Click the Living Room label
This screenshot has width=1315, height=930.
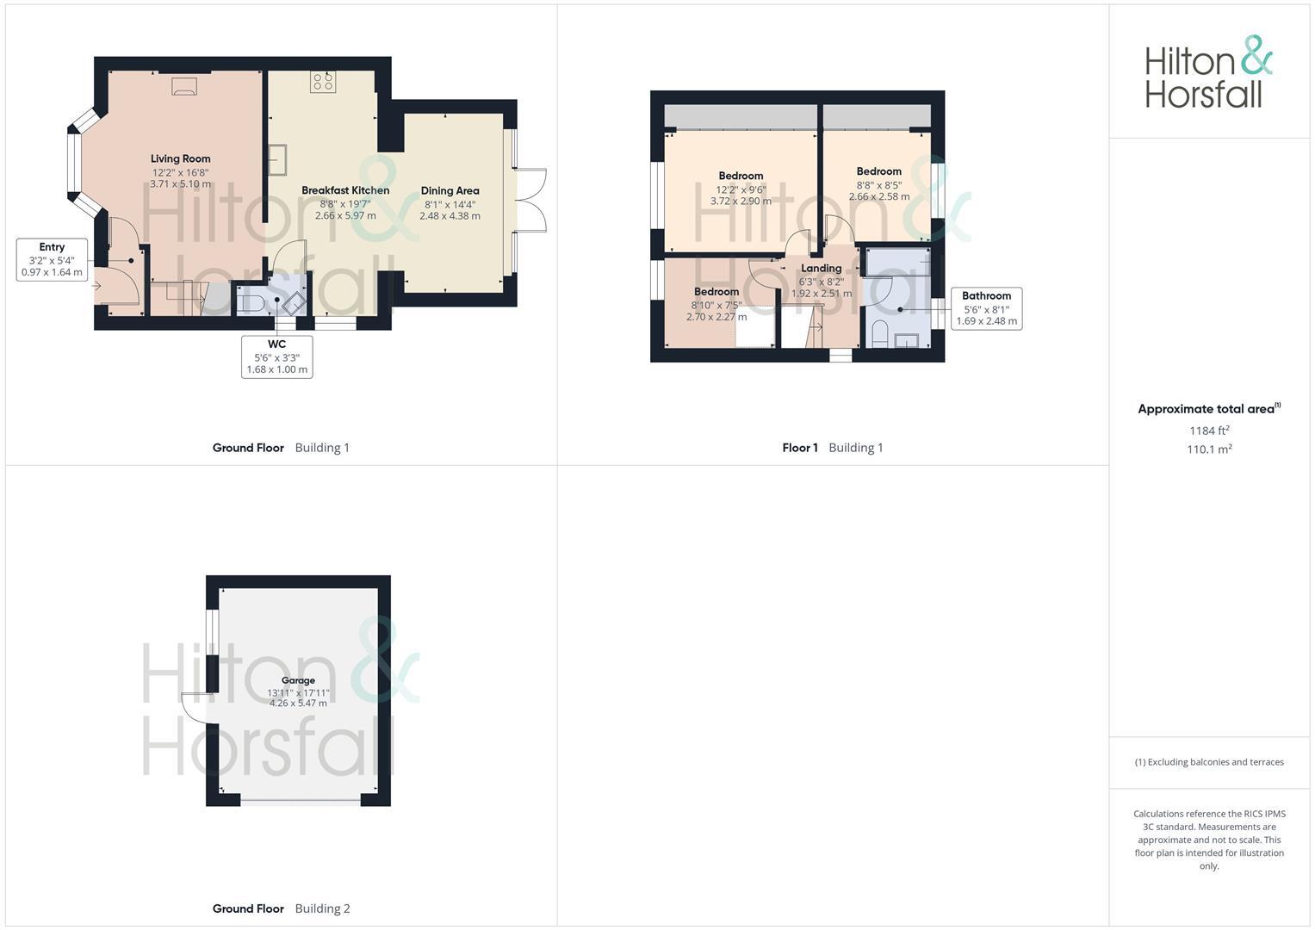pos(180,158)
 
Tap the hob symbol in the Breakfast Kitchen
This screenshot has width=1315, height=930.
pos(323,82)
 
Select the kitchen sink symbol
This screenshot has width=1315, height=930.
pos(278,159)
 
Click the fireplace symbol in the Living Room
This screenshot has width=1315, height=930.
pos(184,85)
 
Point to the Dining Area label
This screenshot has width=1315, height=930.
pos(450,191)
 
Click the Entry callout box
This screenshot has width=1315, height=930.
pos(52,260)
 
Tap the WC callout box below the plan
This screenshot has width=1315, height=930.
pos(276,356)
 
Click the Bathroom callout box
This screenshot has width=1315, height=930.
pos(986,308)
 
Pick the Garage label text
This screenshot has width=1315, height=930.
pos(298,680)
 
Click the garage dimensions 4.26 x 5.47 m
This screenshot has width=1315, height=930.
pos(298,704)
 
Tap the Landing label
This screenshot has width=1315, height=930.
pos(821,269)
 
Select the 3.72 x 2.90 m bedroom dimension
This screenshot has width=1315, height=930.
pos(741,201)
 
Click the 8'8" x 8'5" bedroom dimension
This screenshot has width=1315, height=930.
pos(878,184)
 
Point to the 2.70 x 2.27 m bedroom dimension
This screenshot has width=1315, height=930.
pos(716,317)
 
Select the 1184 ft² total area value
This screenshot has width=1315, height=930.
pos(1209,431)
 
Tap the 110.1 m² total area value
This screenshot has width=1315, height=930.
pos(1209,449)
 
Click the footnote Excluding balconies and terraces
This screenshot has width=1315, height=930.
pos(1209,762)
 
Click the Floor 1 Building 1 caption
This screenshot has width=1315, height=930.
pos(832,448)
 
